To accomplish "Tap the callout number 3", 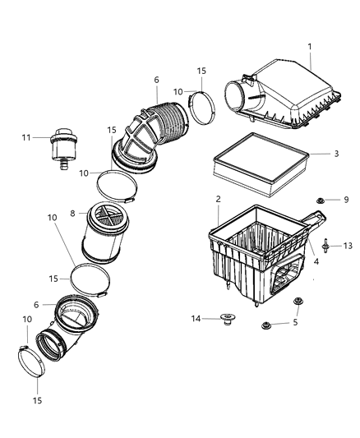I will tap(314, 153).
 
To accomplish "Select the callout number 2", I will tap(217, 200).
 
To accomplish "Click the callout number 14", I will tap(196, 319).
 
